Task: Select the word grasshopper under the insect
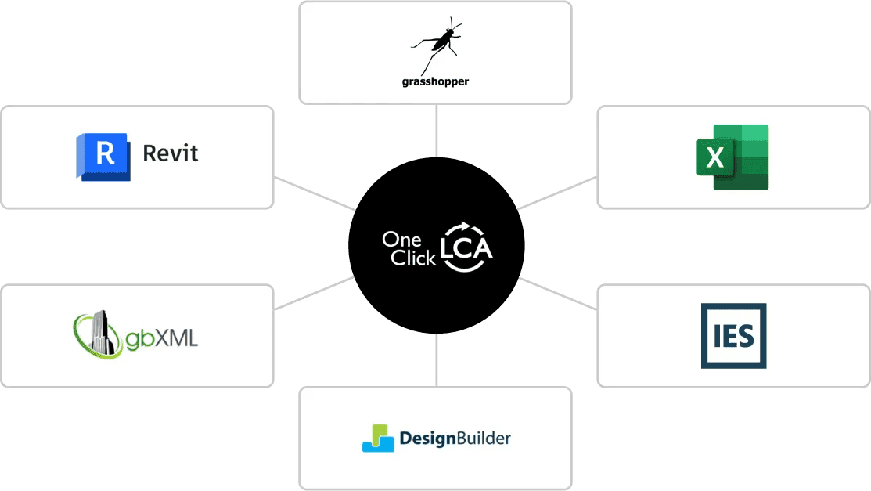435,81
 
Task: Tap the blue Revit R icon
103,157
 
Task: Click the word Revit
171,153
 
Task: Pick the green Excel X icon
732,157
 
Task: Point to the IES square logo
733,336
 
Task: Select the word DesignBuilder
455,438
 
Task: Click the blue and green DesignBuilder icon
378,439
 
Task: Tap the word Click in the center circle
412,258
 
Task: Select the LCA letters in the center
466,248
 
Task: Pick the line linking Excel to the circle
557,193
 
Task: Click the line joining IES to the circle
557,295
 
